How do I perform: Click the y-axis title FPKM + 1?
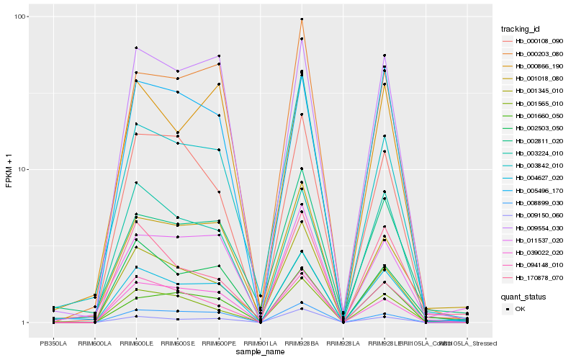9,170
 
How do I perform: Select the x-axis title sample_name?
260,351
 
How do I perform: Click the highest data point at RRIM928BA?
302,19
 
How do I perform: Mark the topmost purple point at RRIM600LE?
135,48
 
